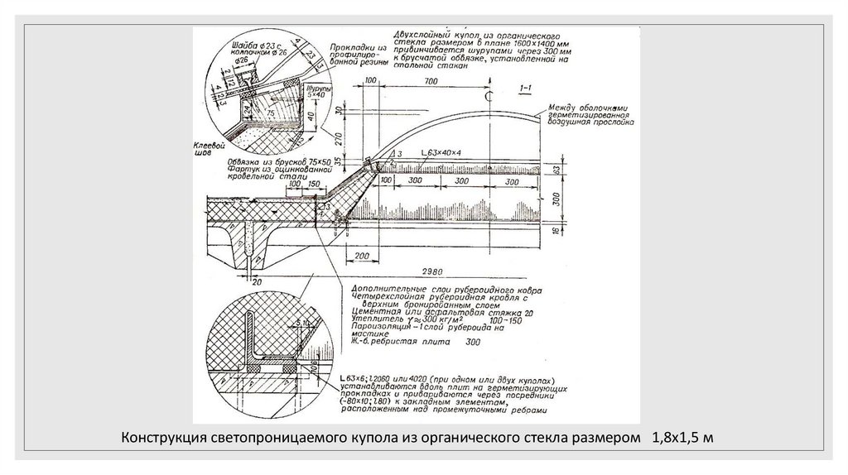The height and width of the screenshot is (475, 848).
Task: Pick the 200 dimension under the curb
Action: [359, 257]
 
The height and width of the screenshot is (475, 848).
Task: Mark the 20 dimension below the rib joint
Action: [258, 281]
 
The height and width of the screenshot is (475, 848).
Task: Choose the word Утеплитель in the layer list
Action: [365, 319]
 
